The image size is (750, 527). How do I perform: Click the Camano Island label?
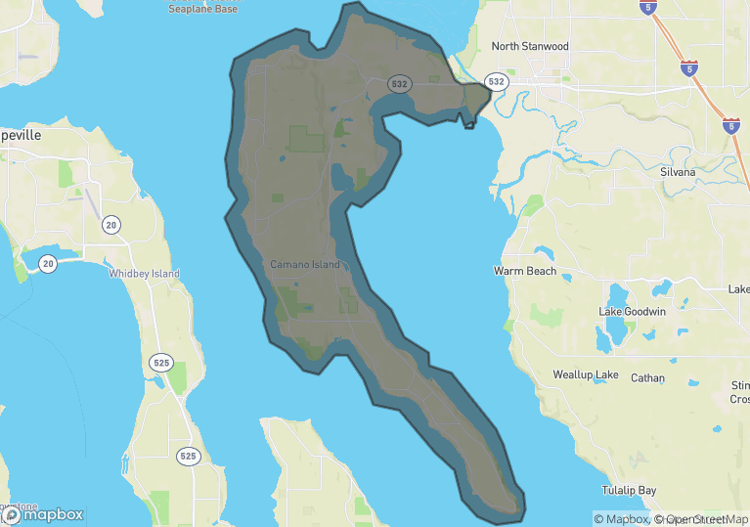coord(305,265)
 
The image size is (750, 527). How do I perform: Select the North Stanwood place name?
coord(530,46)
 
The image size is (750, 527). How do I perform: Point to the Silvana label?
coord(678,172)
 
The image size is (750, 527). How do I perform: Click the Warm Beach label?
coord(525,271)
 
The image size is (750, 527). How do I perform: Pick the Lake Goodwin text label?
coord(632,312)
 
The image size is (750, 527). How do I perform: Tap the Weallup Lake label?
coord(585,375)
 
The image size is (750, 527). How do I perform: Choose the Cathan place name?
coord(647,377)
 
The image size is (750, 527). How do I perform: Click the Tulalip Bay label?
coord(630,490)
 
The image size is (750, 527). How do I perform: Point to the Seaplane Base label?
coord(202,8)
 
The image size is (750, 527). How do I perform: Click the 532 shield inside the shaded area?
coord(399,84)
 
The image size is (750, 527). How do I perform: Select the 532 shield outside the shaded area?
coord(497,82)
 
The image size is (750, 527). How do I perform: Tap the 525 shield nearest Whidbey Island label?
coord(161,364)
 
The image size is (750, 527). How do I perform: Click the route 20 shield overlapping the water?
coord(48,263)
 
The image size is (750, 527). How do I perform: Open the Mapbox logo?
coord(42,514)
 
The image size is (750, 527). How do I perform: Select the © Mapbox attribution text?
coord(621,519)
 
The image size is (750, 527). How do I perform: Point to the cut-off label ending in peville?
coord(21,136)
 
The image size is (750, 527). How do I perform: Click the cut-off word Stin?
coord(739,385)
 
